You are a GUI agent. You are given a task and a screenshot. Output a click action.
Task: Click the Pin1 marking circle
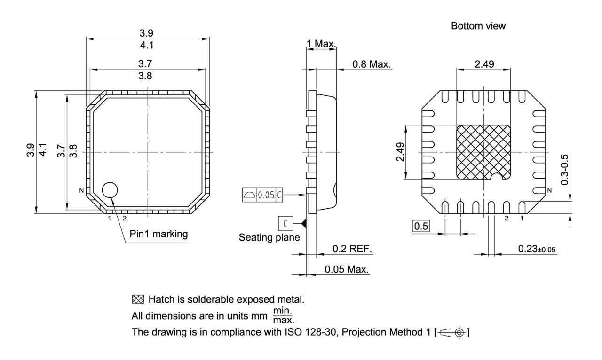tap(110, 190)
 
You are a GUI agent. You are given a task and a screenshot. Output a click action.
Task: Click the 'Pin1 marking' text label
tap(158, 234)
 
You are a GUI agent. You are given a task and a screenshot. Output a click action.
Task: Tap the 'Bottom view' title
tap(478, 26)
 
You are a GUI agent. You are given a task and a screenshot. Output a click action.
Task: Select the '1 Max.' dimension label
tap(321, 44)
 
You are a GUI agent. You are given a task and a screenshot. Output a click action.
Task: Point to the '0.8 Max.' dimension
tap(372, 64)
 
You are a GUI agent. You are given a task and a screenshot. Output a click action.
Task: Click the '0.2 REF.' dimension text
tap(352, 249)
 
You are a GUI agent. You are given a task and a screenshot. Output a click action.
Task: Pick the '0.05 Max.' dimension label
tap(347, 270)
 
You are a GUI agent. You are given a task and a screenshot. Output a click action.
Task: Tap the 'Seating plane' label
tap(269, 237)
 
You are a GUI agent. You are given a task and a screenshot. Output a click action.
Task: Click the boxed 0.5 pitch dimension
tap(421, 227)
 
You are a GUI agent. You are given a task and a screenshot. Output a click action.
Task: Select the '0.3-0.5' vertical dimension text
tap(564, 169)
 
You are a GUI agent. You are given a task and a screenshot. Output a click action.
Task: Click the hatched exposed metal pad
tap(483, 151)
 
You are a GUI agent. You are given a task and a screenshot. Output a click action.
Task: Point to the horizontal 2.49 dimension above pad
tap(484, 64)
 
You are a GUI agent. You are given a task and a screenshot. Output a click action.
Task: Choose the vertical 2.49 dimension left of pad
tap(400, 152)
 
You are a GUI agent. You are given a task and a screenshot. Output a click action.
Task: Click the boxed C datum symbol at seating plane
tap(285, 223)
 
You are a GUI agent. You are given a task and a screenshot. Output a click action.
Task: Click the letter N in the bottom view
tap(550, 191)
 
